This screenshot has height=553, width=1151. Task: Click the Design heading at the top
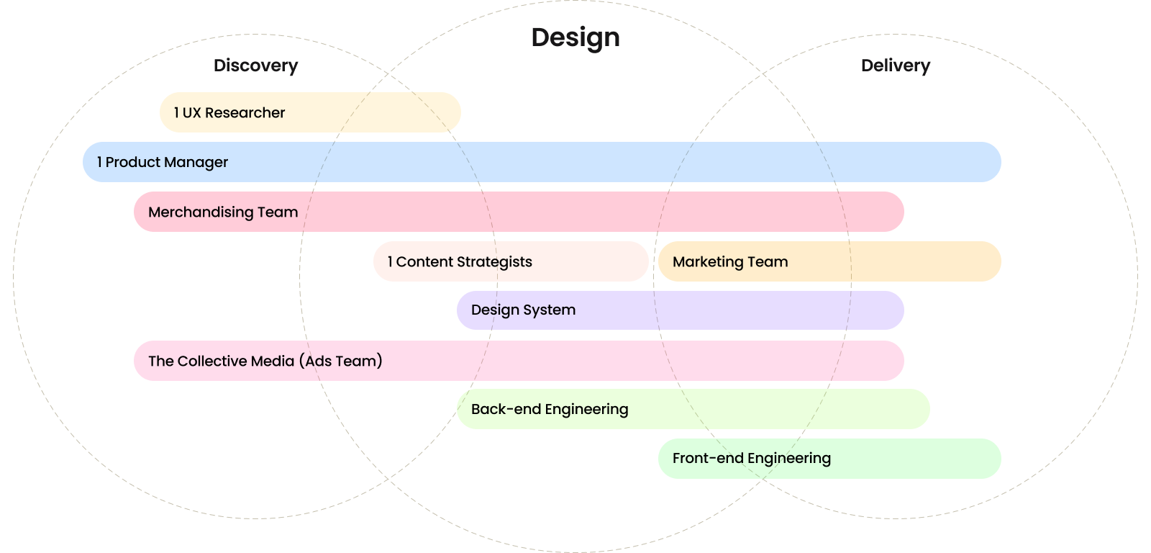point(575,37)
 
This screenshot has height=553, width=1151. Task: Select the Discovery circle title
point(255,66)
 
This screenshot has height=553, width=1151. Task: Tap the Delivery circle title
point(896,66)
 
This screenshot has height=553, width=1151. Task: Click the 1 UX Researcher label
point(229,112)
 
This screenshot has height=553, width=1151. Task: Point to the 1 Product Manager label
point(163,162)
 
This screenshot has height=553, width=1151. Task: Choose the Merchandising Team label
point(223,212)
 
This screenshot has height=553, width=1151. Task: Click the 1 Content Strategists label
point(460,261)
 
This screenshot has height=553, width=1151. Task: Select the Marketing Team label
point(730,261)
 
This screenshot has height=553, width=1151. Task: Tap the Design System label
point(523,310)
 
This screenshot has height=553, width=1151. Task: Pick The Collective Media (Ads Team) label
point(265,361)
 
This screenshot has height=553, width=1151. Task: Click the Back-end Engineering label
point(550,409)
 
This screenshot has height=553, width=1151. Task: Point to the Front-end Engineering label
point(752,458)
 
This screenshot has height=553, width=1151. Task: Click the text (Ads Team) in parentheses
point(341,361)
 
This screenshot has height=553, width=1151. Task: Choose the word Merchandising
point(201,212)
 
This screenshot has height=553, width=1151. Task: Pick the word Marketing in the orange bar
point(708,261)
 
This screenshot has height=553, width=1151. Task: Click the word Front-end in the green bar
point(708,458)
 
